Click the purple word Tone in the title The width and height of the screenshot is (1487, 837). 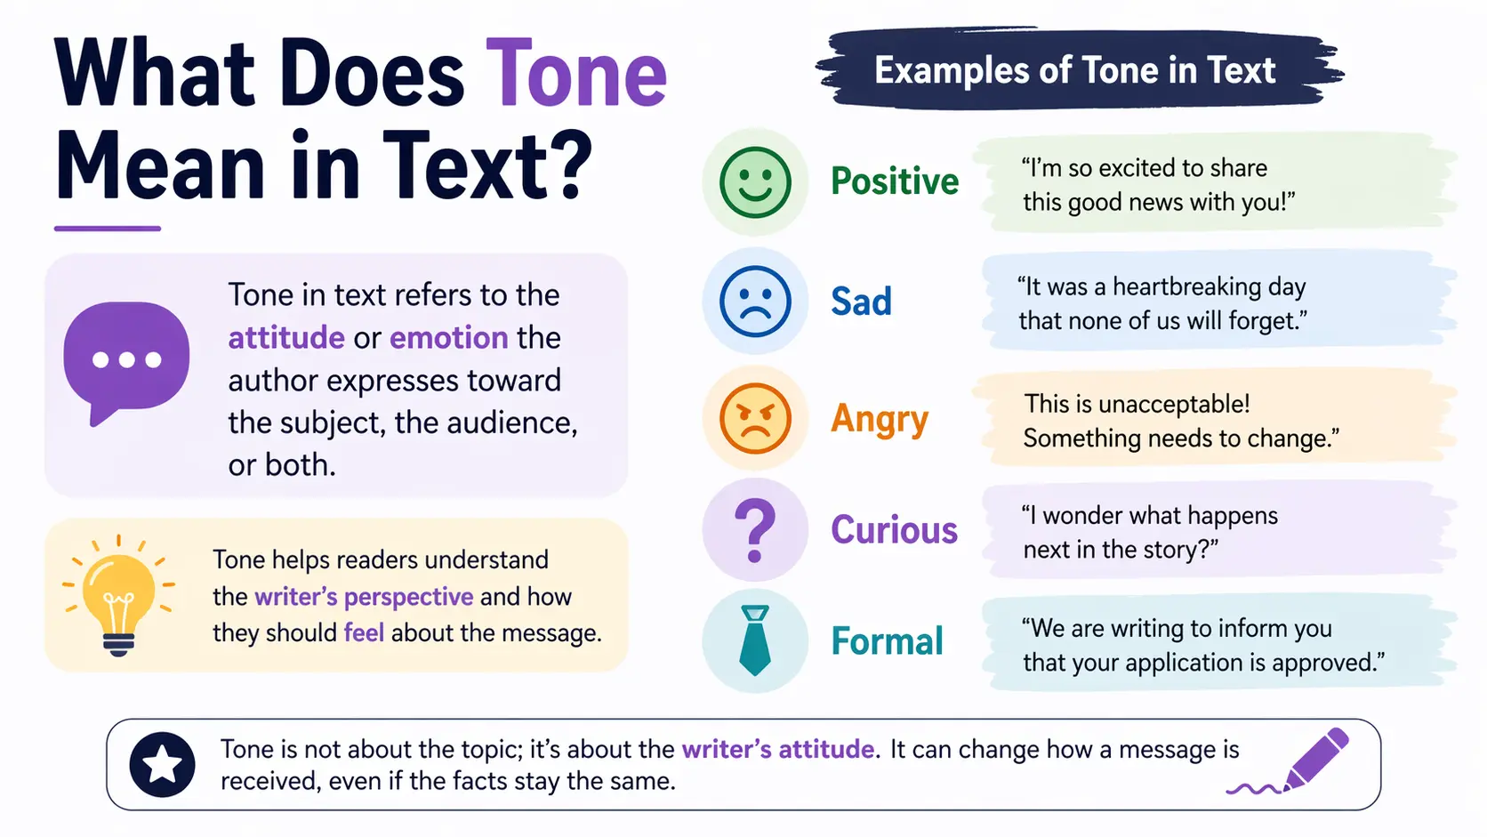click(576, 74)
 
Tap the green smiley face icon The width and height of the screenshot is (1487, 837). click(755, 181)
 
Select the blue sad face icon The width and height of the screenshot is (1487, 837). click(755, 301)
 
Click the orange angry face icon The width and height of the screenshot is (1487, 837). click(755, 418)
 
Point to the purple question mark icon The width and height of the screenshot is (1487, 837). click(755, 530)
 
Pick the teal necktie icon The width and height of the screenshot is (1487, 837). click(755, 640)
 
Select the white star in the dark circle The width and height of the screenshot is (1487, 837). click(162, 764)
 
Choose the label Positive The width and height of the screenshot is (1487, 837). click(895, 181)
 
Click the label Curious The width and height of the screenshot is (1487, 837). click(894, 530)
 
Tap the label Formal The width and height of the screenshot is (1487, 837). click(887, 641)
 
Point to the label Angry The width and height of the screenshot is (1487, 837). click(880, 419)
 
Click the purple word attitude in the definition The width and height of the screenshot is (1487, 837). click(286, 338)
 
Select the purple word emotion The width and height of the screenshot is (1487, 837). click(448, 338)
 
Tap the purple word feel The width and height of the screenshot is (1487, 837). click(364, 632)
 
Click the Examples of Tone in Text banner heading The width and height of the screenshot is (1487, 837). click(1074, 71)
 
